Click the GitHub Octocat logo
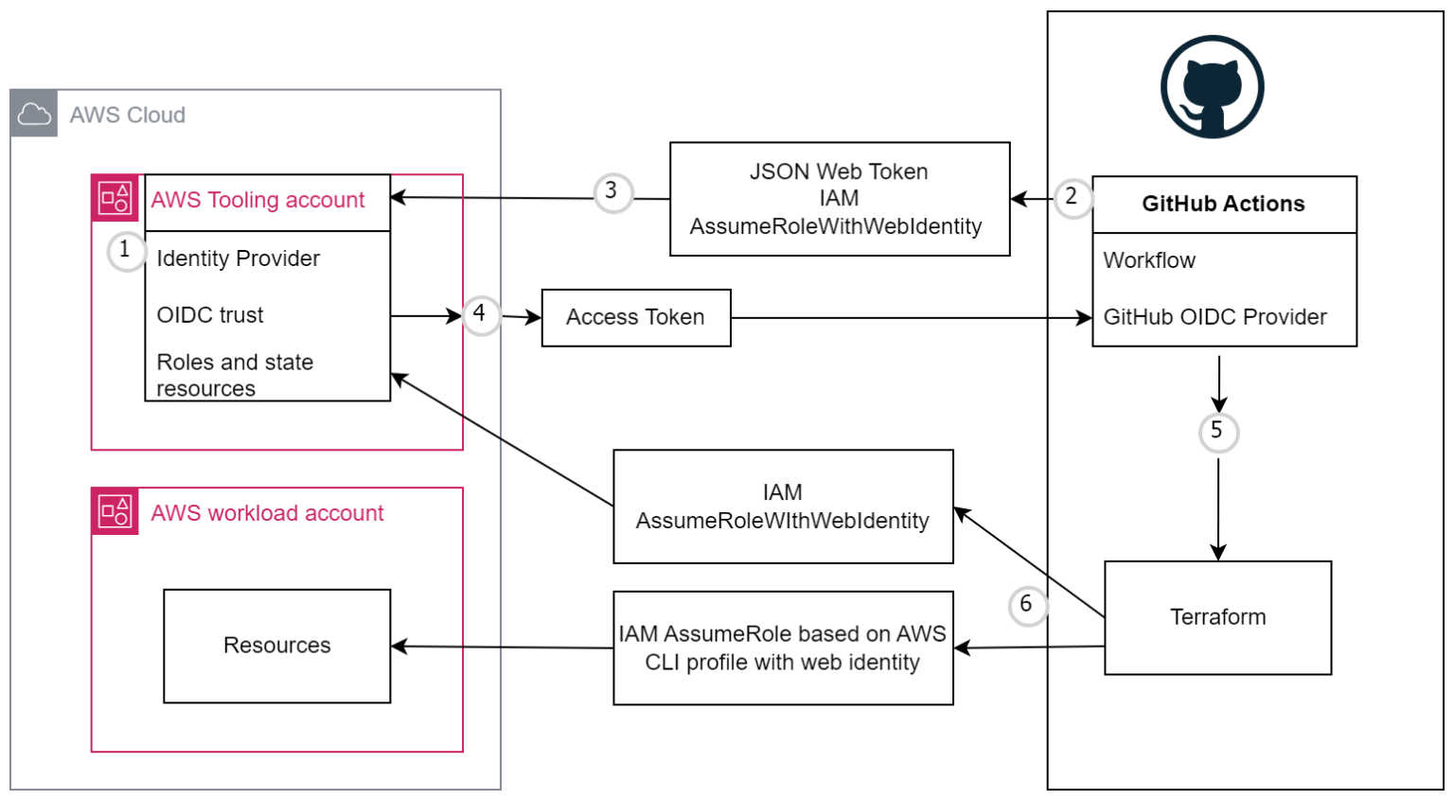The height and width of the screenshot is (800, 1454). [x=1212, y=87]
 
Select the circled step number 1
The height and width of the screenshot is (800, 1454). [x=125, y=251]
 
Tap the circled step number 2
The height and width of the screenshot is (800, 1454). [x=1072, y=197]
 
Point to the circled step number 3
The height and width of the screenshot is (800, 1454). [x=612, y=191]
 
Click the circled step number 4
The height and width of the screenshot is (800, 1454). [x=480, y=313]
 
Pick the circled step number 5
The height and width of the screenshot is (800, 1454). [x=1217, y=432]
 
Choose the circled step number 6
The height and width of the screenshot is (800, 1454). [x=1027, y=605]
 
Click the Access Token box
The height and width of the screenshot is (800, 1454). [x=635, y=318]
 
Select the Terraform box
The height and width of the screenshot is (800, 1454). [x=1217, y=617]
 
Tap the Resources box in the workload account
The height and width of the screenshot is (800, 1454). [x=276, y=646]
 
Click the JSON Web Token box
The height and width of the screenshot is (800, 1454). [x=839, y=199]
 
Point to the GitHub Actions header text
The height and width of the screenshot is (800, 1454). [x=1223, y=204]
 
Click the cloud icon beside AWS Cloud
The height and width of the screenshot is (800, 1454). [x=34, y=115]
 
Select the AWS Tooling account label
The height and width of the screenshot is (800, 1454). [x=257, y=201]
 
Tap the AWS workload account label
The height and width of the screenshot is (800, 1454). [x=267, y=514]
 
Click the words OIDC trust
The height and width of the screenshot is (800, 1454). [x=210, y=315]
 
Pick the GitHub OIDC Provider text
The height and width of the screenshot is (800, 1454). [x=1215, y=318]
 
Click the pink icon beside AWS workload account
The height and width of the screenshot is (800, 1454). [x=115, y=512]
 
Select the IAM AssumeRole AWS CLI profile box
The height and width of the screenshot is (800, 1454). [x=783, y=649]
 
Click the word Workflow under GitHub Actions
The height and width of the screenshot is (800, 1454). [x=1149, y=261]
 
